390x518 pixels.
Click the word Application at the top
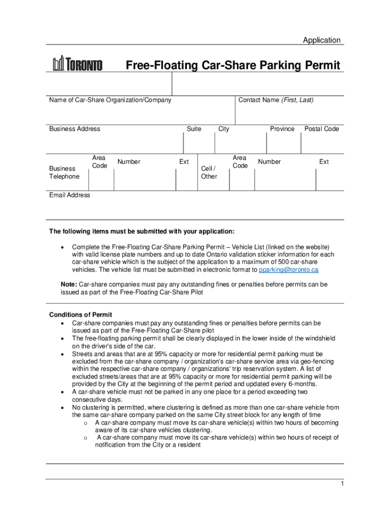(322, 40)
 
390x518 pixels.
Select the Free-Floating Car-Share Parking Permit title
(233, 65)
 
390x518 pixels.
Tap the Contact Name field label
(276, 100)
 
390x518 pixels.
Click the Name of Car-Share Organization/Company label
(110, 100)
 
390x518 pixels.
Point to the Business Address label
(74, 129)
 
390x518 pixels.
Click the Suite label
(194, 129)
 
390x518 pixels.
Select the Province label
(282, 129)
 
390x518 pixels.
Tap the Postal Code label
(322, 129)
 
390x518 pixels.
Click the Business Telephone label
(64, 172)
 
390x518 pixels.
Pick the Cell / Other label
(209, 172)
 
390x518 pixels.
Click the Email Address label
(69, 195)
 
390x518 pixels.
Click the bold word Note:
(69, 285)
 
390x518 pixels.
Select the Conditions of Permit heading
(81, 315)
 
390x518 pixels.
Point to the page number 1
(342, 484)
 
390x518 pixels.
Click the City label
(224, 129)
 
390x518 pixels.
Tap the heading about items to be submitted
(141, 232)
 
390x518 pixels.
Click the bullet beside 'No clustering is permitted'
(62, 407)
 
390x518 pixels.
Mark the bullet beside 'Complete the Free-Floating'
(62, 247)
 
